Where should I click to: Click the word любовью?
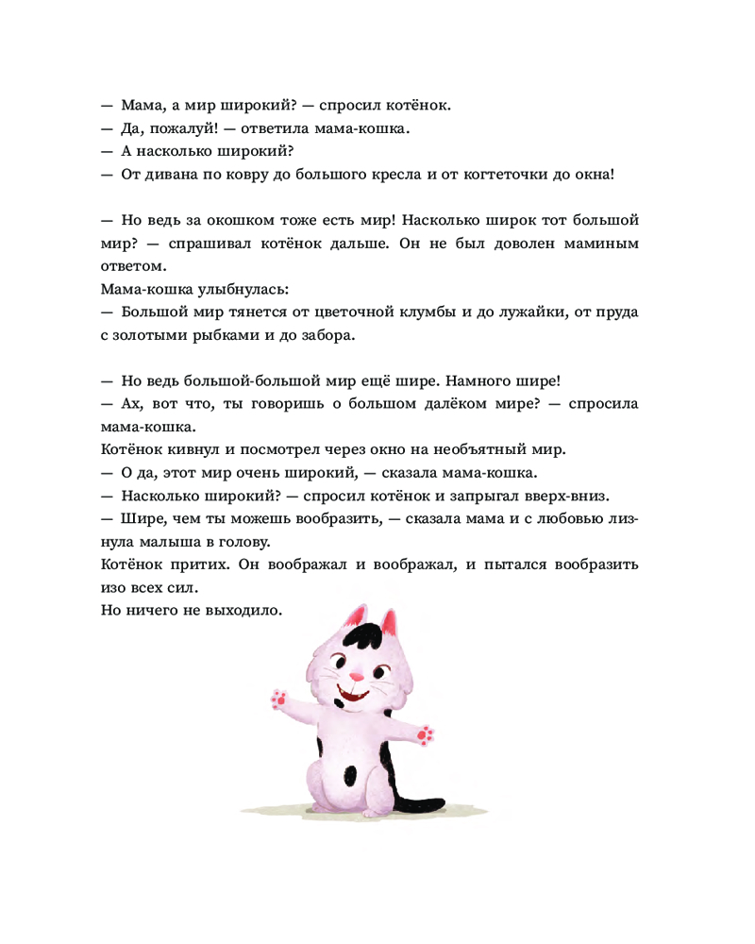564,517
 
